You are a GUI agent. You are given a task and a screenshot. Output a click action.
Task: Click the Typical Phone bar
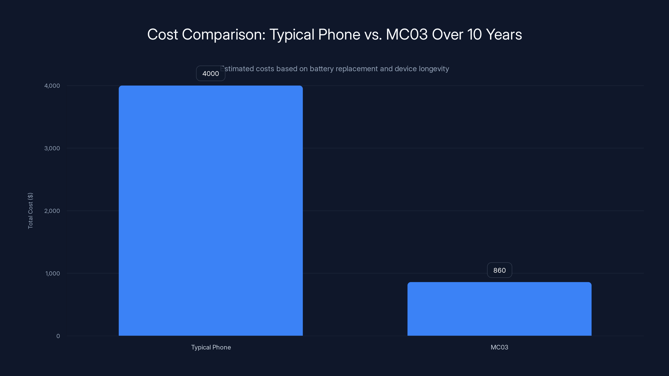(211, 210)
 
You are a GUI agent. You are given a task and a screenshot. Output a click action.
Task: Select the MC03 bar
(499, 309)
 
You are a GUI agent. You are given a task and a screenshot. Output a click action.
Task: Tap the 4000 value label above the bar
(210, 74)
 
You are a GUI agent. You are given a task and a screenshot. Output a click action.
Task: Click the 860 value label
(499, 270)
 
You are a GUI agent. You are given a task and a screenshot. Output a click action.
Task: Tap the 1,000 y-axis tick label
(52, 273)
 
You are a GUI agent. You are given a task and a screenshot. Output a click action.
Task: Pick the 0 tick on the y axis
(58, 336)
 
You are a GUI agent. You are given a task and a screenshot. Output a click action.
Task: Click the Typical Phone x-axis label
(211, 347)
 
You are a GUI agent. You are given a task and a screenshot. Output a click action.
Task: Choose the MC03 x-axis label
(499, 347)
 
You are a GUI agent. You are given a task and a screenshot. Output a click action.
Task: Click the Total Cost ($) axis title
(30, 211)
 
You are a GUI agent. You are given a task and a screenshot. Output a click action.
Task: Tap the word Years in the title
(504, 34)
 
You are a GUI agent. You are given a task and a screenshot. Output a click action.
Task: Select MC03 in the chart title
(407, 34)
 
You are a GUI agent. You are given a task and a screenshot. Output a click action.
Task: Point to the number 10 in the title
(474, 34)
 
